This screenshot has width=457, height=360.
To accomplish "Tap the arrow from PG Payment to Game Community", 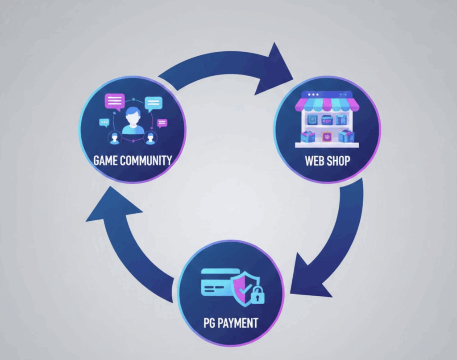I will coord(129,250).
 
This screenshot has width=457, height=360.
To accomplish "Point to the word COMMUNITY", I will coord(147,160).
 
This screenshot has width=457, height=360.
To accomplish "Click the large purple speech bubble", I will coord(115,101).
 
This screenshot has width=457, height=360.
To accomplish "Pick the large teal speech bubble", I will coord(154,103).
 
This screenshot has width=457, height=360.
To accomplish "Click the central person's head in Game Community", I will coord(133,116).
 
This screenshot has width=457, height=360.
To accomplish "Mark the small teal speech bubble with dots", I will coord(104,121).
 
